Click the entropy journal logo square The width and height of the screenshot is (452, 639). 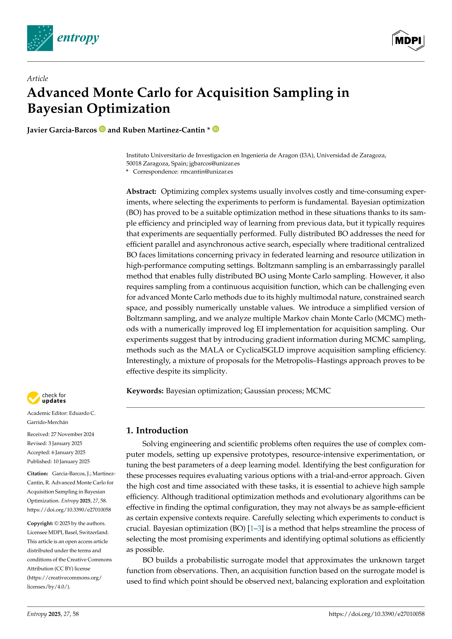pos(40,38)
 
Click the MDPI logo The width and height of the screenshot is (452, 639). pos(408,40)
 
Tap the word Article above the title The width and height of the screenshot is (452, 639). pos(37,79)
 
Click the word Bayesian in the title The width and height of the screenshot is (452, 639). pos(55,109)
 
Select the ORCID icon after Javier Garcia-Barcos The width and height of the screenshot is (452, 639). pos(102,129)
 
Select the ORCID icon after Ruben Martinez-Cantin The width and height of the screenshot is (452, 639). pos(216,129)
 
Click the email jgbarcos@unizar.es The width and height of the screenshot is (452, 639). pos(214,163)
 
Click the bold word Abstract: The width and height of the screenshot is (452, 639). pos(141,191)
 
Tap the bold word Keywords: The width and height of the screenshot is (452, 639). pos(145,391)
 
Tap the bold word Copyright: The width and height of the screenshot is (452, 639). pos(40,523)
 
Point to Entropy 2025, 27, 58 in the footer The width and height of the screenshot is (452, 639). pos(53,614)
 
